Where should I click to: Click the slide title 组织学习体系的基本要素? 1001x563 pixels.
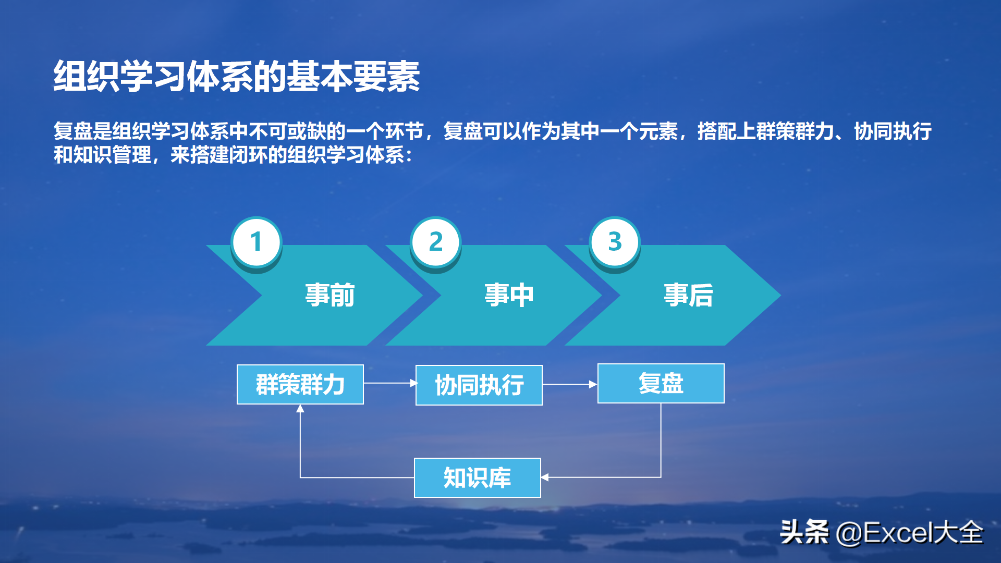pyautogui.click(x=237, y=76)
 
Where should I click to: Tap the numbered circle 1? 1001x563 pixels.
pyautogui.click(x=257, y=242)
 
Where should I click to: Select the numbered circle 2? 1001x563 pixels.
pyautogui.click(x=436, y=242)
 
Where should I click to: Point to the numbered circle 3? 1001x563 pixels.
pyautogui.click(x=615, y=242)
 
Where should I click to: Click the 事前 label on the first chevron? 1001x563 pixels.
pyautogui.click(x=330, y=295)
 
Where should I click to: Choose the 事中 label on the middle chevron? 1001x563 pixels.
pyautogui.click(x=509, y=295)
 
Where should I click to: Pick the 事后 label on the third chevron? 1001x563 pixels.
pyautogui.click(x=688, y=295)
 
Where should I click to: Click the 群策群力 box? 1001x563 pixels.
pyautogui.click(x=300, y=385)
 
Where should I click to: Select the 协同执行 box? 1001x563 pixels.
pyautogui.click(x=479, y=385)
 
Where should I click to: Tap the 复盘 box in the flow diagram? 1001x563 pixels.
pyautogui.click(x=661, y=384)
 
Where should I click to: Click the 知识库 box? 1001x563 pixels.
pyautogui.click(x=478, y=478)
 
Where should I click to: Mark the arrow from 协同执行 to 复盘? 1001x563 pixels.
pyautogui.click(x=570, y=384)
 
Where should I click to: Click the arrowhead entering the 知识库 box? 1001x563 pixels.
pyautogui.click(x=545, y=477)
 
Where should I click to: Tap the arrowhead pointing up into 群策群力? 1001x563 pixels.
pyautogui.click(x=300, y=409)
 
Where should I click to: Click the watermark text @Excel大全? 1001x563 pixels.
pyautogui.click(x=909, y=533)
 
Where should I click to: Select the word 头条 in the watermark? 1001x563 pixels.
pyautogui.click(x=804, y=532)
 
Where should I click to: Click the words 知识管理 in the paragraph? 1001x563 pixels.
pyautogui.click(x=113, y=155)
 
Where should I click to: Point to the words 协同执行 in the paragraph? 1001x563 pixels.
pyautogui.click(x=893, y=131)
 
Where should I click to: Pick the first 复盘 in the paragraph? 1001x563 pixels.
pyautogui.click(x=73, y=131)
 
